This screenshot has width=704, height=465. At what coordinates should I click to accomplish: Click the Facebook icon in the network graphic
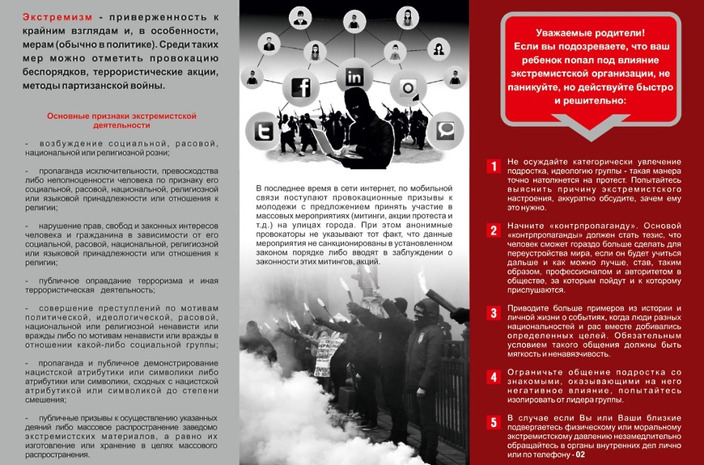(301, 87)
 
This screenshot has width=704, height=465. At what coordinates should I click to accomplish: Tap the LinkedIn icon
(354, 77)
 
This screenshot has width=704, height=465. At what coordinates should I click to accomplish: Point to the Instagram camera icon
(409, 88)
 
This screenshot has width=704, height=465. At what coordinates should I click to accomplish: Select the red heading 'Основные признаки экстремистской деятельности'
(122, 120)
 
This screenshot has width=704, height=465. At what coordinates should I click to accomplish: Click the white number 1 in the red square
(493, 167)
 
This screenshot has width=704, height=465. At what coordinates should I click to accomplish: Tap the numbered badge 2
(493, 230)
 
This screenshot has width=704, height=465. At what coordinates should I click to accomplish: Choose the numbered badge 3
(493, 313)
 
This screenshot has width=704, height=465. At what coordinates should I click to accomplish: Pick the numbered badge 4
(493, 376)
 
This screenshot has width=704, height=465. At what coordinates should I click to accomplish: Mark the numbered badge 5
(493, 421)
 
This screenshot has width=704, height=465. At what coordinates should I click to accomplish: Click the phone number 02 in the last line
(579, 454)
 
